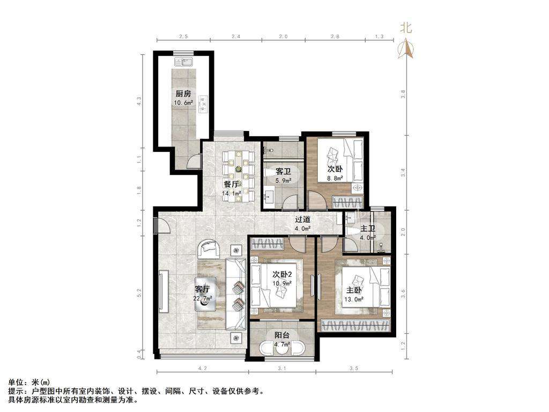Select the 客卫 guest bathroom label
(x=283, y=172)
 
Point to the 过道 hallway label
(x=302, y=219)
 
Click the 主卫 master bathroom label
(x=367, y=229)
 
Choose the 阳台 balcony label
(x=281, y=335)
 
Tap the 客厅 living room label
(x=203, y=289)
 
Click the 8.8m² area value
(x=335, y=180)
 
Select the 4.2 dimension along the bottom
(x=202, y=369)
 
